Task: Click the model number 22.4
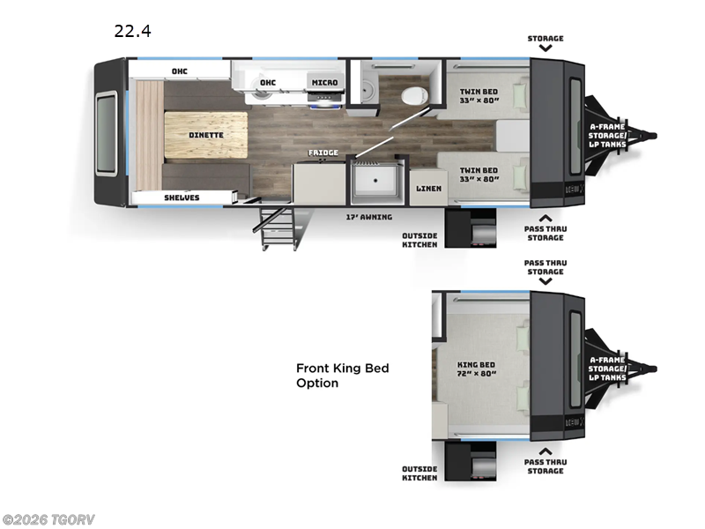(132, 32)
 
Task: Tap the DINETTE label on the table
(205, 135)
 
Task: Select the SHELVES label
(182, 197)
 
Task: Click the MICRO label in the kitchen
(323, 82)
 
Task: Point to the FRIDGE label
(323, 153)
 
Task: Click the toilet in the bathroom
(412, 95)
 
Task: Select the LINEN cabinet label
(428, 189)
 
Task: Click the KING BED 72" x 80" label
(476, 369)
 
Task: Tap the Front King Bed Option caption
(342, 376)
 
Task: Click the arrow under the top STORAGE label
(545, 49)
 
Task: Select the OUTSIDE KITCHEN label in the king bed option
(419, 473)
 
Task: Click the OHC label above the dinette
(179, 71)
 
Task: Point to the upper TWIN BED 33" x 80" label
(479, 94)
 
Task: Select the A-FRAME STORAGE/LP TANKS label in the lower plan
(608, 369)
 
